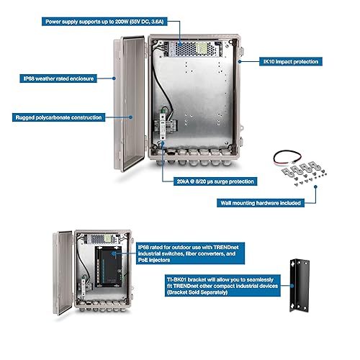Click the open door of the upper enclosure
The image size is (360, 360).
coord(130,101)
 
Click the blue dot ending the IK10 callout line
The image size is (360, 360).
coord(249,62)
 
